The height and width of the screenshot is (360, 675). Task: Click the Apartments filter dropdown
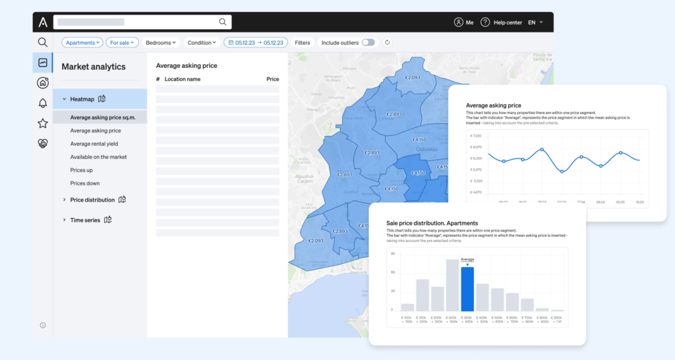[82, 42]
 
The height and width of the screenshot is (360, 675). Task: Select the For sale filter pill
[122, 42]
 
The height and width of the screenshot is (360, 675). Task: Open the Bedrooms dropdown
[161, 42]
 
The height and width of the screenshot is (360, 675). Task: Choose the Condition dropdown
[202, 42]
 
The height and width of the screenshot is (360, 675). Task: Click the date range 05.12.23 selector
[256, 42]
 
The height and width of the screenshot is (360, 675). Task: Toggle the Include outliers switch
[368, 42]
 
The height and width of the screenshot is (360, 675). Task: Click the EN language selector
[535, 22]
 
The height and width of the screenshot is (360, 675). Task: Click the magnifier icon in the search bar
[223, 22]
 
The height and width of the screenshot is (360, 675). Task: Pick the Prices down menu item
[85, 183]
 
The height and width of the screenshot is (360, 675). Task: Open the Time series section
[85, 220]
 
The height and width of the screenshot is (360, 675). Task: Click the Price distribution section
[92, 200]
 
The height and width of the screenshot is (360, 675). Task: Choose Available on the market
[99, 157]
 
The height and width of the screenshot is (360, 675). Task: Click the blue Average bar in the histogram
[467, 289]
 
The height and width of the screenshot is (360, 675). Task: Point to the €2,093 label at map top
[412, 77]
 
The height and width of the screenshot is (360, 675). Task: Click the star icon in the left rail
[43, 123]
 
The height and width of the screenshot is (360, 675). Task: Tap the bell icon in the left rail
[43, 103]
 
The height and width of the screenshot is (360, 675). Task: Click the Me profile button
[464, 22]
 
